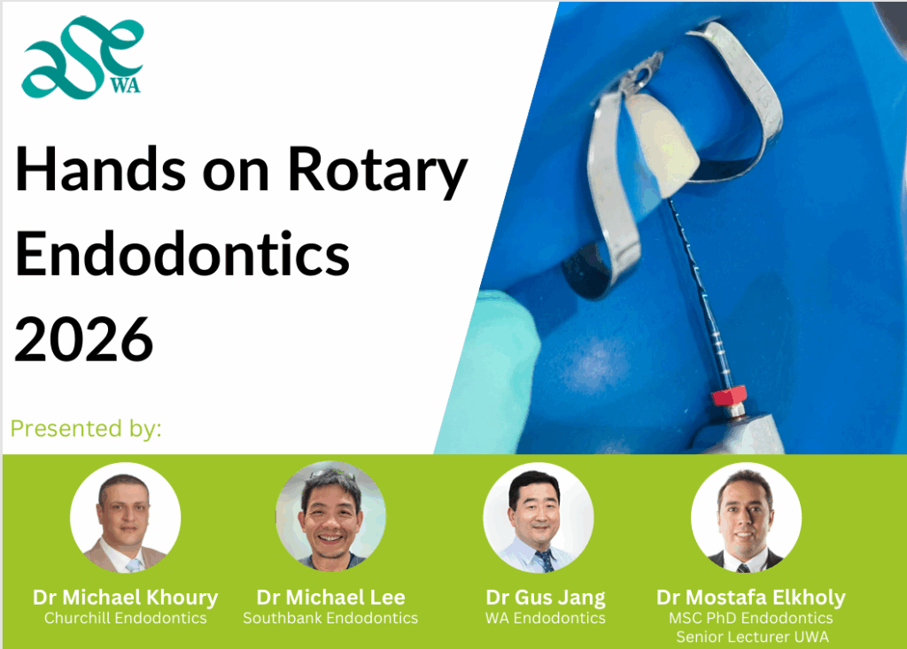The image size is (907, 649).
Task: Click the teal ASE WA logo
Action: (82, 58)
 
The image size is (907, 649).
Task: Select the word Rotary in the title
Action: (377, 172)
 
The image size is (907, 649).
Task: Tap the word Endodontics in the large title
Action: (182, 253)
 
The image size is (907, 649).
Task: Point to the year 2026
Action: (84, 339)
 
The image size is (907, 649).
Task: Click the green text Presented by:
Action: (86, 429)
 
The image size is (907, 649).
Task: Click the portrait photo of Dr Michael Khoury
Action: (126, 518)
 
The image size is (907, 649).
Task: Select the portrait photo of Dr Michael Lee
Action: (331, 516)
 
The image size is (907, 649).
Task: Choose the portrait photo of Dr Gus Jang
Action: (539, 518)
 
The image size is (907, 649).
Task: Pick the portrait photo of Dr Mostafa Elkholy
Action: (746, 518)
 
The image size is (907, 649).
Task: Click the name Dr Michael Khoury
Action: (126, 598)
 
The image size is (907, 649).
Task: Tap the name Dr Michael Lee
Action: (331, 597)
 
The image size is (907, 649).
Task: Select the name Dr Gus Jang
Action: (546, 598)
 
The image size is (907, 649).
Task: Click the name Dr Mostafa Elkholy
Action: (751, 598)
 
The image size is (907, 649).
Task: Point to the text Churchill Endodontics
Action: (126, 618)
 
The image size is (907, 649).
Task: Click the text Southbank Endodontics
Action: (330, 618)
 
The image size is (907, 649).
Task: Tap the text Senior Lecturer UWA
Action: (753, 637)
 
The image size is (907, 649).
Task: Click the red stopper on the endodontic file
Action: (729, 397)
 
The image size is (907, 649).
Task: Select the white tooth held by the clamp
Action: (659, 143)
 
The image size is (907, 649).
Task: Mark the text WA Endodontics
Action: (546, 618)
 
